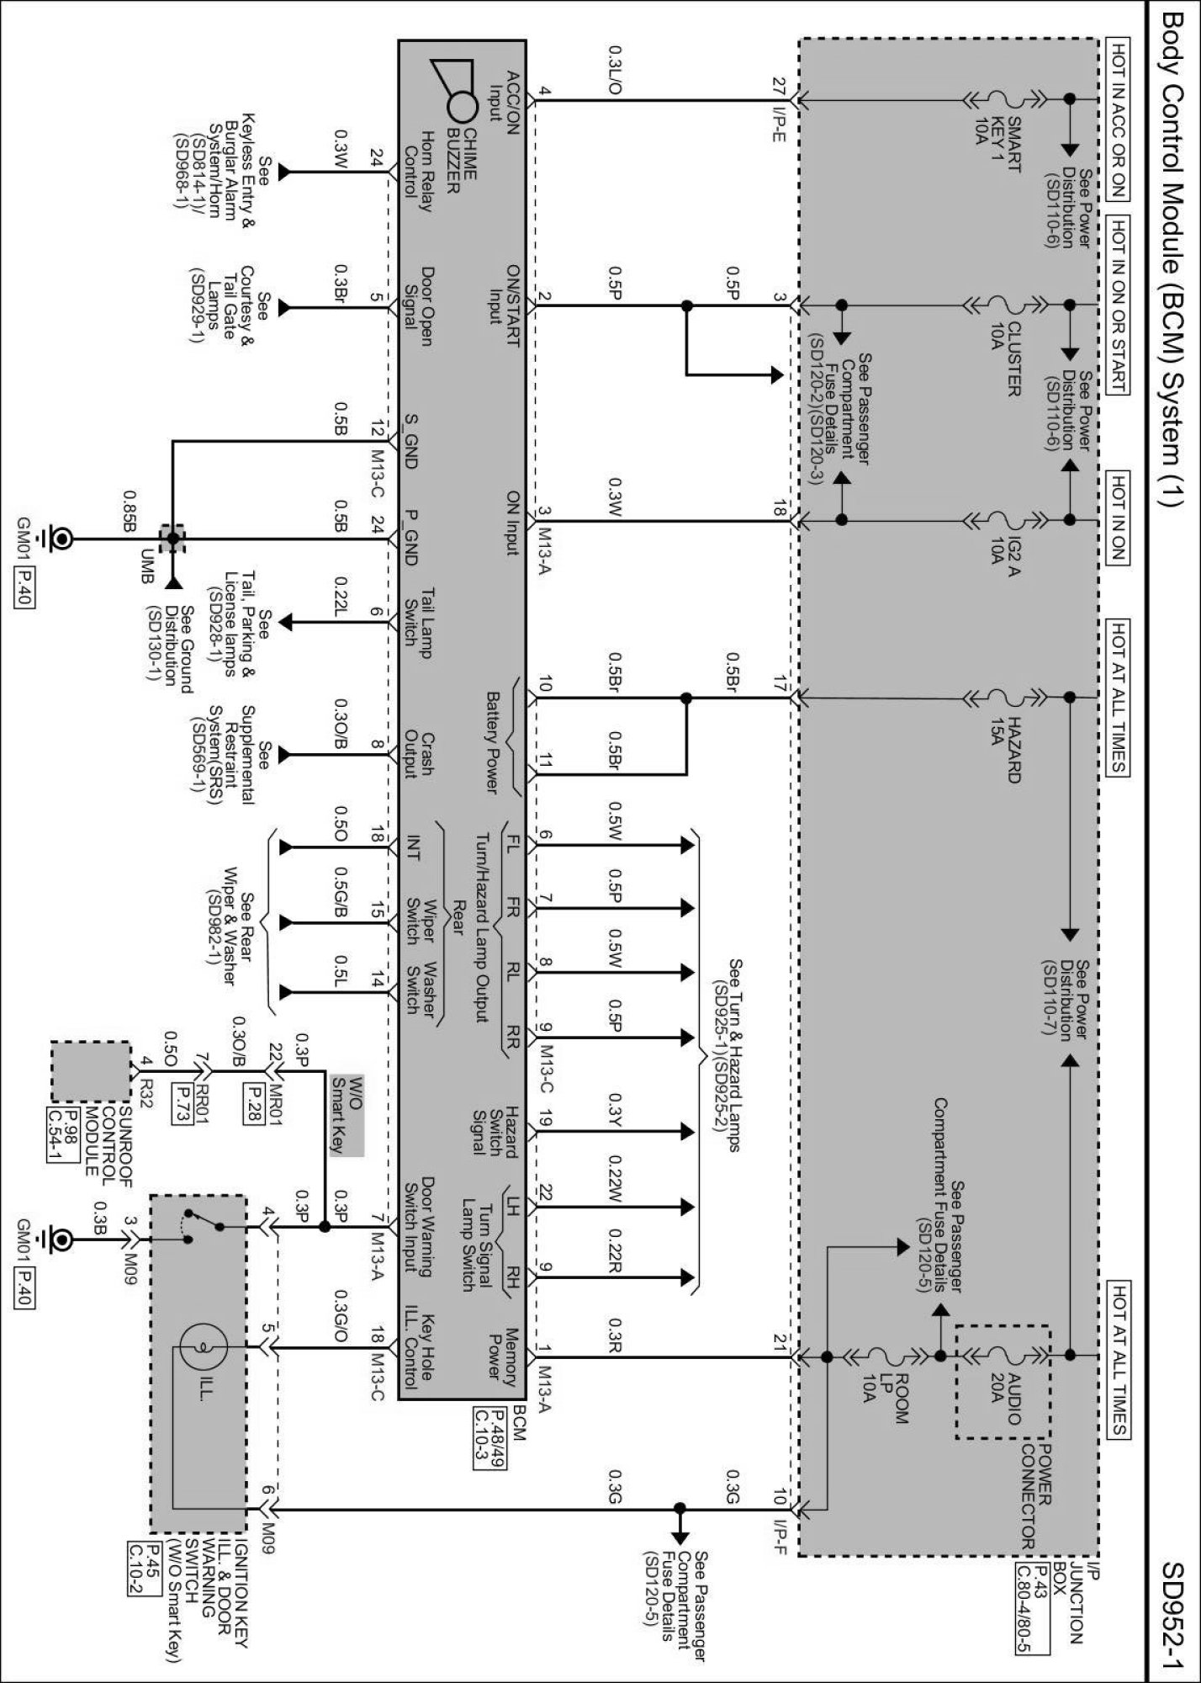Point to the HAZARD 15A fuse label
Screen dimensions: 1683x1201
pyautogui.click(x=1005, y=738)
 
